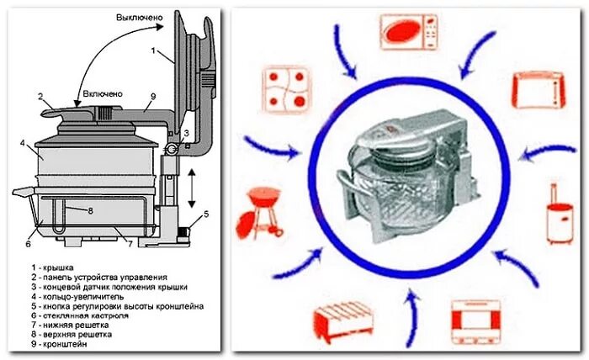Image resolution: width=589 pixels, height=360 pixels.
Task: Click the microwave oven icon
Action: click(407, 32)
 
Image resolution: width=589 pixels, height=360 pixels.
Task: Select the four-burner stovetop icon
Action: click(284, 89)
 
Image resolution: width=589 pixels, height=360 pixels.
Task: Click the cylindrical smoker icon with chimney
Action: click(559, 216)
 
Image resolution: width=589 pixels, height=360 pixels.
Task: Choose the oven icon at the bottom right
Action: click(477, 324)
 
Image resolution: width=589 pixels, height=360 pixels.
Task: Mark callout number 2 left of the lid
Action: click(40, 98)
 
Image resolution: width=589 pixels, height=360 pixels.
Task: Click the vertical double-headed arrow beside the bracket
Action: click(193, 188)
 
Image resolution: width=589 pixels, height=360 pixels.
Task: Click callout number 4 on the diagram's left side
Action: click(23, 143)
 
